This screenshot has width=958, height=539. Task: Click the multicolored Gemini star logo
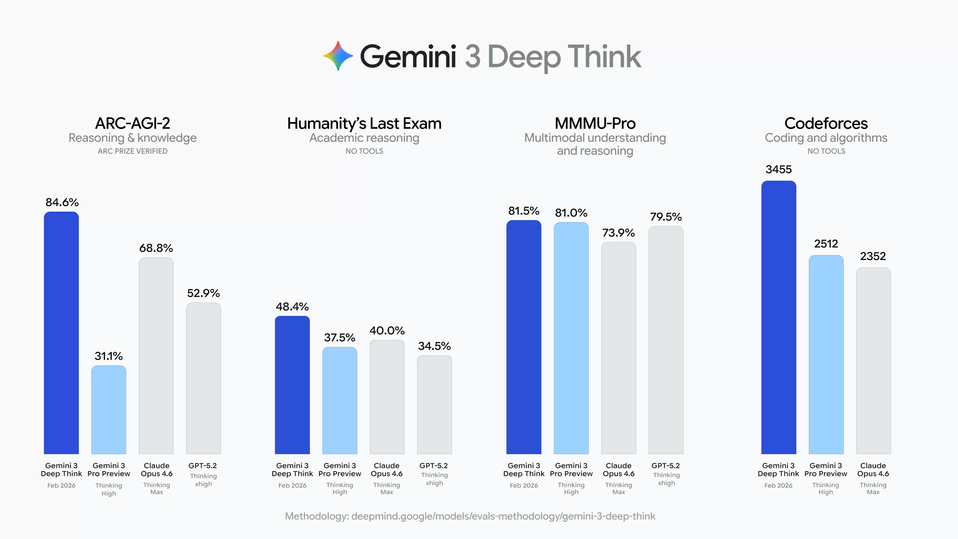[338, 56]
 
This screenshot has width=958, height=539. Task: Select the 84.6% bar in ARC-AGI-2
[61, 333]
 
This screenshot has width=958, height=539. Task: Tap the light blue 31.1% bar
[109, 409]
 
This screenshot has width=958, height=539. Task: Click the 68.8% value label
[156, 248]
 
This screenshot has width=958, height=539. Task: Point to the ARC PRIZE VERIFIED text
[132, 151]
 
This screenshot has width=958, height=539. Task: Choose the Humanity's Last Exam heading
[364, 124]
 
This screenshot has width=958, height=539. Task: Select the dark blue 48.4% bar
[292, 385]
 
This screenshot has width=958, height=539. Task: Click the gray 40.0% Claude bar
[387, 397]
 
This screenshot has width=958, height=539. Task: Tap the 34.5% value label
[434, 346]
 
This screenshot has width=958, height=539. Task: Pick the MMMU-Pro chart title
[595, 124]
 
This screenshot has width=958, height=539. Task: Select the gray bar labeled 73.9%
[618, 348]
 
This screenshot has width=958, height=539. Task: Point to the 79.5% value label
[666, 217]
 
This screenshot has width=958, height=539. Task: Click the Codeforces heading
[826, 124]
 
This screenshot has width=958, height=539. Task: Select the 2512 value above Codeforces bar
[826, 244]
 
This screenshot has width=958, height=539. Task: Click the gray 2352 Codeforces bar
[873, 361]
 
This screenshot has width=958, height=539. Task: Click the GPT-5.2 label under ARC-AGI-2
[203, 466]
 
